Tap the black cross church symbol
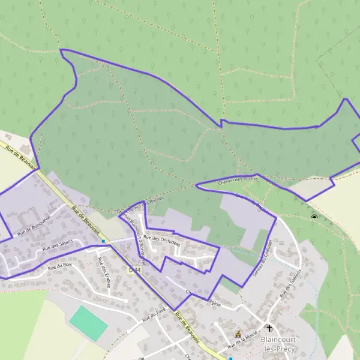coord(269,328)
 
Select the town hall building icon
coord(238,333)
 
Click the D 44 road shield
coord(134,270)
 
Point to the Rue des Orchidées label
coord(162,239)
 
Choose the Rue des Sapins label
coord(58,244)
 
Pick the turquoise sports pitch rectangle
coord(88,322)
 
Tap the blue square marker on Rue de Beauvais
coord(104,241)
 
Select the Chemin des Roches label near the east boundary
coord(238,179)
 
